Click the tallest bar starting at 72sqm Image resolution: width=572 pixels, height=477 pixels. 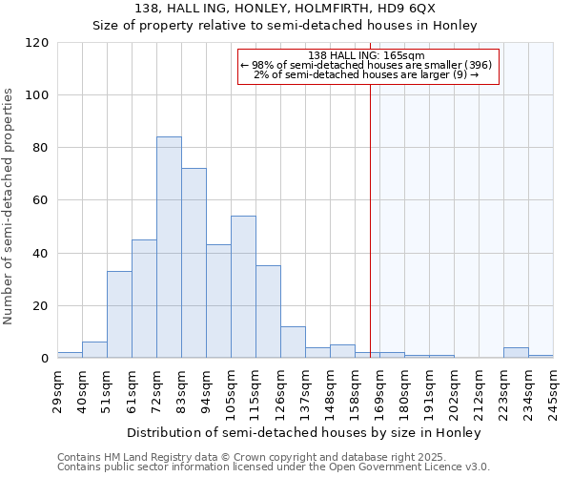[x=169, y=248]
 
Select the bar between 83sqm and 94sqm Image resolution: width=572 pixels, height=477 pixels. [x=194, y=263]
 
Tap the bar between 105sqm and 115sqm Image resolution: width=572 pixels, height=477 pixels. [x=243, y=287]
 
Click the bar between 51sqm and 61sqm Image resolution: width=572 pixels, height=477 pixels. [x=119, y=315]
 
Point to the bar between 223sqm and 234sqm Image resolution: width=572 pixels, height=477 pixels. [x=516, y=353]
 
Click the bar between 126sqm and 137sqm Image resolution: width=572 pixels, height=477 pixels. [x=293, y=342]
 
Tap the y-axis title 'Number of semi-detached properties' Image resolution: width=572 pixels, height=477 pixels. [x=9, y=206]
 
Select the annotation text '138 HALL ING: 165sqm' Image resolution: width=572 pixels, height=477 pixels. [x=367, y=56]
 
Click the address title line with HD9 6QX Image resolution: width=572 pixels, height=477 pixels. [x=285, y=8]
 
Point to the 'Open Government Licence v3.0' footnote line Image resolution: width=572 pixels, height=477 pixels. [x=274, y=467]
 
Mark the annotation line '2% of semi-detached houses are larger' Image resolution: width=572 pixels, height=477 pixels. [x=367, y=74]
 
